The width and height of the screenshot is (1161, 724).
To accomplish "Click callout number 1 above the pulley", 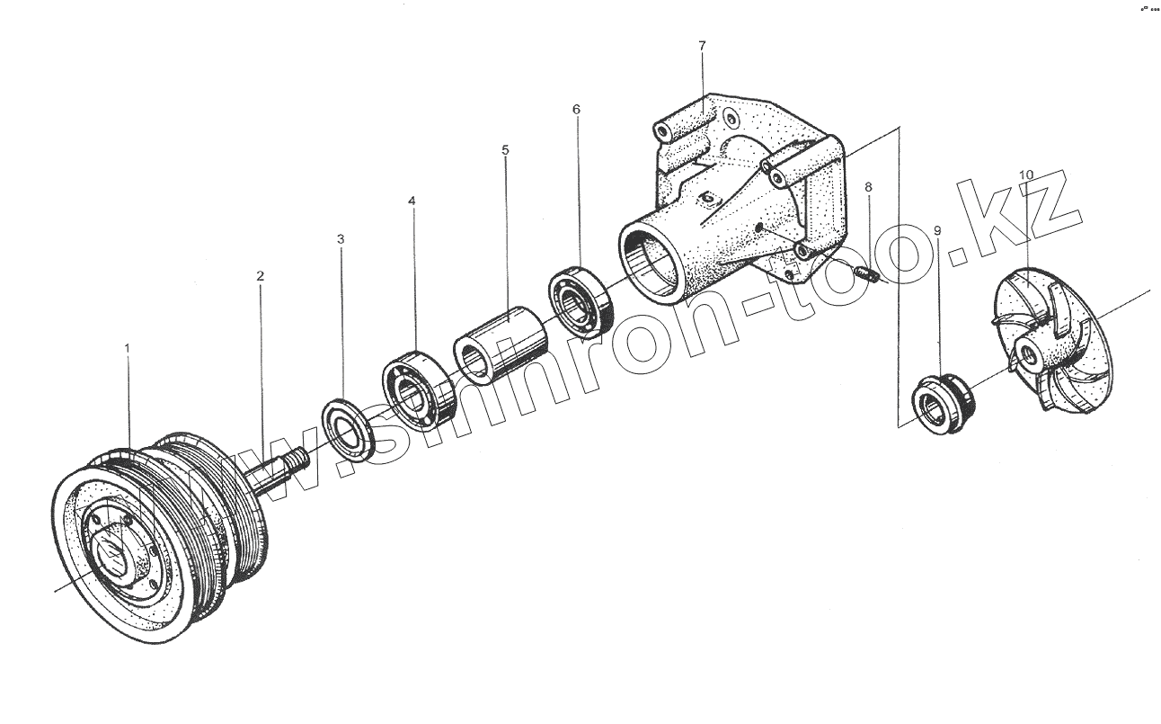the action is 127,346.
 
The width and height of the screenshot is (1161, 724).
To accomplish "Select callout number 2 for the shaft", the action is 260,276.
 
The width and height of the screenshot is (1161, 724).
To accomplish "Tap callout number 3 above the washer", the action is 341,239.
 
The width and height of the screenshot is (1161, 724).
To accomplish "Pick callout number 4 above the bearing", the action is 412,201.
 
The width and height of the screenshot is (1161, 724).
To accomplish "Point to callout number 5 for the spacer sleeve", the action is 505,149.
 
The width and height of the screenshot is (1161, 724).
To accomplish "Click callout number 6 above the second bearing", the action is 576,109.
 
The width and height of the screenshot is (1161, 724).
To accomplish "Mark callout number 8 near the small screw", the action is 867,187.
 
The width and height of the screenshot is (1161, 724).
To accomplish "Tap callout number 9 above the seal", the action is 937,231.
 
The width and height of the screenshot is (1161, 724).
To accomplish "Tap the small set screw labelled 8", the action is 866,273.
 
